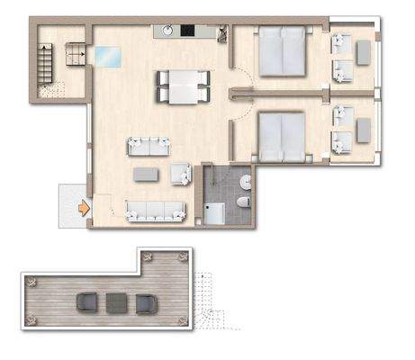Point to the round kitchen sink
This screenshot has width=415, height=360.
[x=168, y=31]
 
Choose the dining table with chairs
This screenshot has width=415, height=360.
[x=182, y=87]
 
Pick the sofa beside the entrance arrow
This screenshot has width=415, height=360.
[x=156, y=211]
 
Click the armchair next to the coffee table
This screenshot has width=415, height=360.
[x=180, y=174]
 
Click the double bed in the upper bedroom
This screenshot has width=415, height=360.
[x=284, y=53]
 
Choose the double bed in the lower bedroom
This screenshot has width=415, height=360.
[x=285, y=135]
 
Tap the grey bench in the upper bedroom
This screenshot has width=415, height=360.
[x=363, y=52]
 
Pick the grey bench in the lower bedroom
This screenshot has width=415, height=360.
[x=363, y=131]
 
